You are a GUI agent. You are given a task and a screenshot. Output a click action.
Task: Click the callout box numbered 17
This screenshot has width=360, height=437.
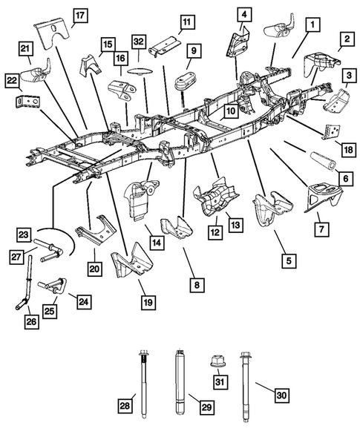click(x=79, y=14)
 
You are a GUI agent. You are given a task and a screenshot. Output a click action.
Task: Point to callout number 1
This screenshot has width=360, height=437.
click(x=315, y=24)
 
